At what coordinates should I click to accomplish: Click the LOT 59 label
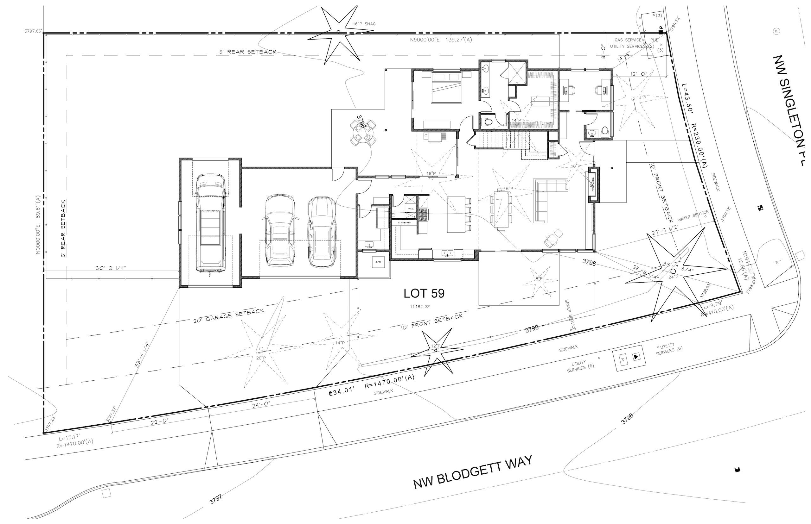coord(424,293)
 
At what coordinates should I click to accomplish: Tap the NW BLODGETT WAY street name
coord(472,473)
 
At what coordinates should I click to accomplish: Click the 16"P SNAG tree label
coord(364,24)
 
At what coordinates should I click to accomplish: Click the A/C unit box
coord(378,262)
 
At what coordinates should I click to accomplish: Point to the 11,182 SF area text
coord(420,307)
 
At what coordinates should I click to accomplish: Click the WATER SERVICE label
coord(693,215)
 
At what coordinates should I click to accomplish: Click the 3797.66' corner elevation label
coord(33,31)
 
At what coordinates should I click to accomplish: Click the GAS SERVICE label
coord(628,40)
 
